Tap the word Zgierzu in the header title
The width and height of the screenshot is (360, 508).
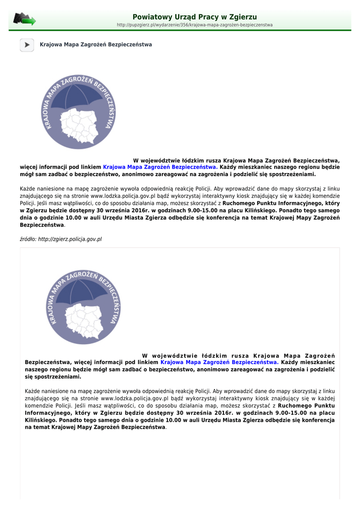coord(241,17)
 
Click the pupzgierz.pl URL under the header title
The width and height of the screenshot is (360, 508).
coord(195,25)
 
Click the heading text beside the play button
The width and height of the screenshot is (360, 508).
coord(96,45)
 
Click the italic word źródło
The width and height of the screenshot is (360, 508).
coord(28,239)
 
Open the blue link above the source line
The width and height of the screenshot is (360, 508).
coord(160,167)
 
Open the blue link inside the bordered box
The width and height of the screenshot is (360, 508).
coord(219,362)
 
